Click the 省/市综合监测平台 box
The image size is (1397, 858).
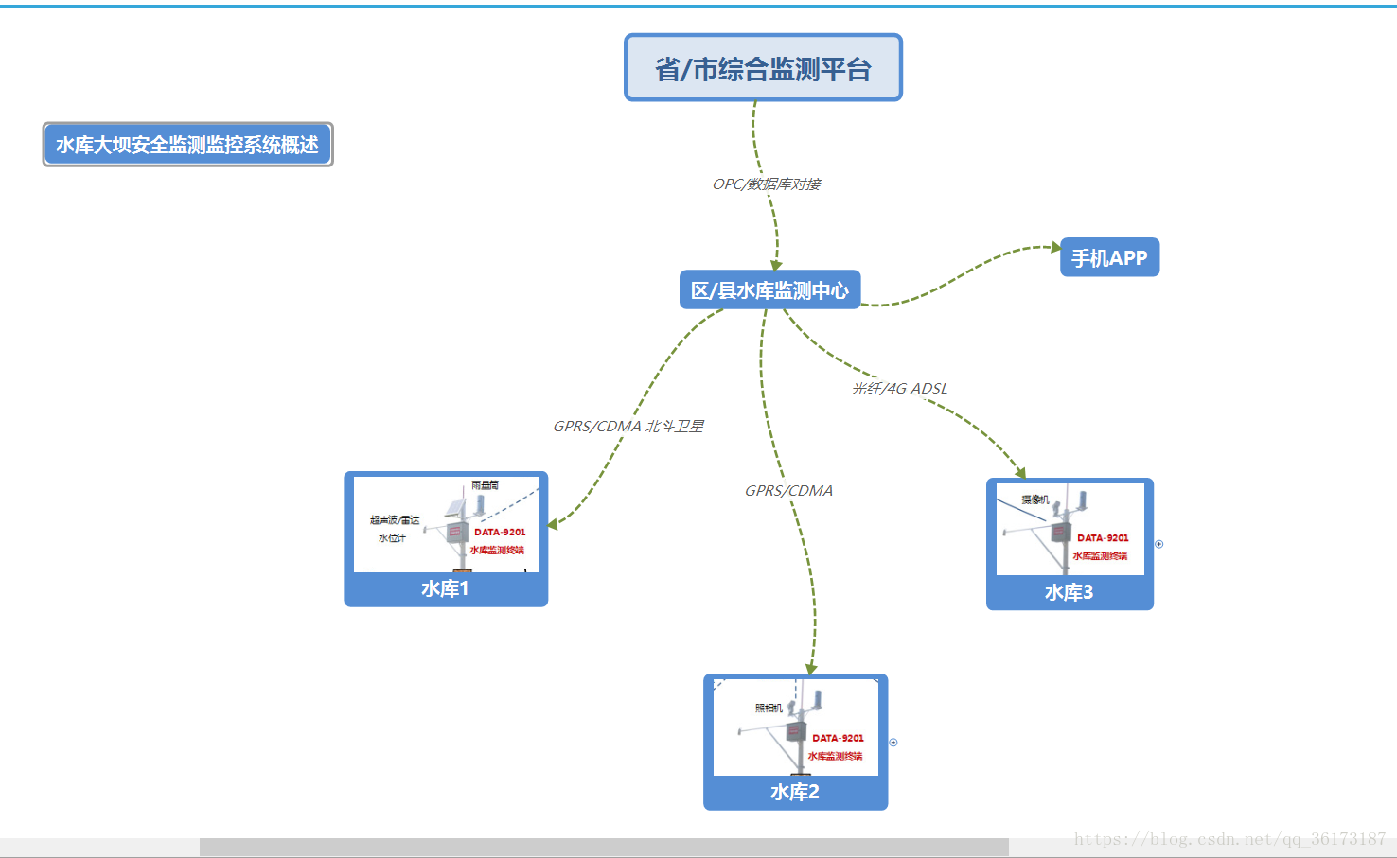click(763, 68)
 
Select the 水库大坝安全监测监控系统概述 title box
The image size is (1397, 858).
click(187, 145)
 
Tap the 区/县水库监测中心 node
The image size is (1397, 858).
click(769, 290)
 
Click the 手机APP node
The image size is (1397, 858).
click(1109, 258)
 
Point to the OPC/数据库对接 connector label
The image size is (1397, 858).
click(767, 184)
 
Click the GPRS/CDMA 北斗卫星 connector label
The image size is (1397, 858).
click(628, 427)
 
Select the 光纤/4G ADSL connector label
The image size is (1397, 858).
click(899, 389)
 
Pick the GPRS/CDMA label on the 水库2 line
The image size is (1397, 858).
click(788, 491)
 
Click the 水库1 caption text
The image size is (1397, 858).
click(445, 589)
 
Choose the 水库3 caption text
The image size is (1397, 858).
click(1070, 593)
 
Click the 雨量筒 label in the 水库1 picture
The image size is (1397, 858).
click(485, 485)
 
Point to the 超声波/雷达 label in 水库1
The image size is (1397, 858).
click(395, 520)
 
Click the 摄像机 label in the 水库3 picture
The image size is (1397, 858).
click(1034, 499)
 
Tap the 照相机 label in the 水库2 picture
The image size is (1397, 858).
click(769, 709)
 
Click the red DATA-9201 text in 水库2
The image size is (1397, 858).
click(838, 738)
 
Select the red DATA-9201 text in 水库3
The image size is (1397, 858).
click(1103, 538)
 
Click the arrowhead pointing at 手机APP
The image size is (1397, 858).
click(1056, 247)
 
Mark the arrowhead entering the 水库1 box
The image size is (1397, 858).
click(553, 523)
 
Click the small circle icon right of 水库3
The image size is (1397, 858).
click(1159, 544)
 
